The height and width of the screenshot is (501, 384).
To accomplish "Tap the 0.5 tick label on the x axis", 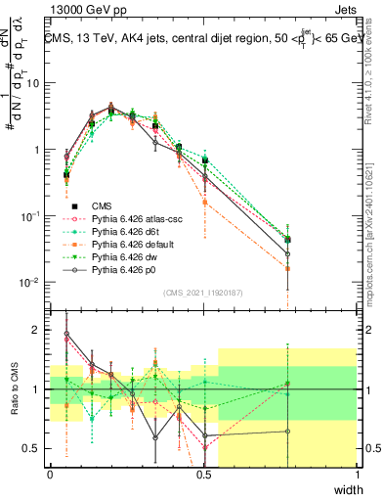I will [x=203, y=476].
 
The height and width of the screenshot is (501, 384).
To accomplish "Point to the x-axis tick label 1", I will [x=357, y=476].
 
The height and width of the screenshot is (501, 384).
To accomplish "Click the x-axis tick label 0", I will [x=50, y=476].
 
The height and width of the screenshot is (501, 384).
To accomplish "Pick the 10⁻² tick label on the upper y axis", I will [x=31, y=282].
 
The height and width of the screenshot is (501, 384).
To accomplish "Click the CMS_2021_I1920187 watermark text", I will [x=203, y=293].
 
